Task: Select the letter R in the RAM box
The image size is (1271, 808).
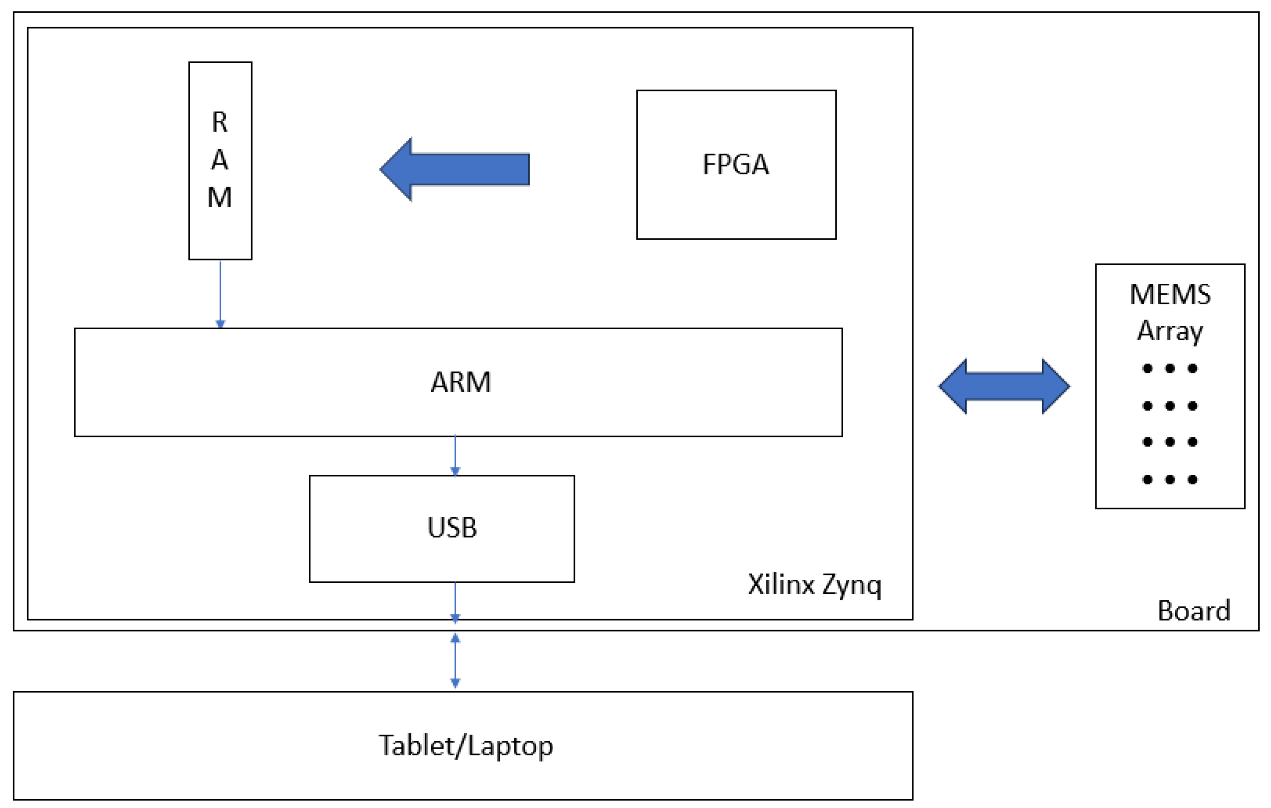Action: pyautogui.click(x=220, y=122)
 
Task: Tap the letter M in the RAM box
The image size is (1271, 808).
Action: pyautogui.click(x=220, y=197)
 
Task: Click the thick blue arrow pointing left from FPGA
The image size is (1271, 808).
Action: pyautogui.click(x=455, y=169)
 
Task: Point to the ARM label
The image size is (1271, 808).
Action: pyautogui.click(x=460, y=382)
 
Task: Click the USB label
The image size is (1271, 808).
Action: pyautogui.click(x=452, y=528)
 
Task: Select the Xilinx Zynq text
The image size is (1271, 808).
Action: pyautogui.click(x=814, y=585)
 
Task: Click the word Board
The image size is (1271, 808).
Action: pyautogui.click(x=1194, y=611)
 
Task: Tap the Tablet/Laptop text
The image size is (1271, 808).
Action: pyautogui.click(x=465, y=746)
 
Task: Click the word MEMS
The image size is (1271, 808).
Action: pyautogui.click(x=1170, y=295)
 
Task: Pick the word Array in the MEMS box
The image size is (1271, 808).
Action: pyautogui.click(x=1170, y=331)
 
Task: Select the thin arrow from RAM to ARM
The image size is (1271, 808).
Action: pyautogui.click(x=220, y=293)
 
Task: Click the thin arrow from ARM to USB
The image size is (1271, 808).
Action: pyautogui.click(x=455, y=455)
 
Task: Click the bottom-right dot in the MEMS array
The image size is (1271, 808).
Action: pyautogui.click(x=1192, y=479)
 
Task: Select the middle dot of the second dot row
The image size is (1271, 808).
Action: pyautogui.click(x=1170, y=406)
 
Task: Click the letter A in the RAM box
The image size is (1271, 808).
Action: pyautogui.click(x=220, y=160)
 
